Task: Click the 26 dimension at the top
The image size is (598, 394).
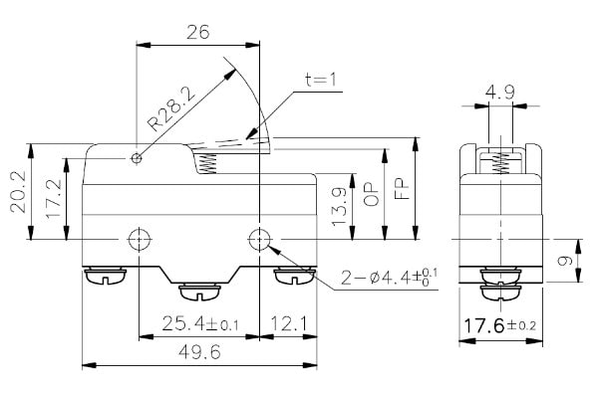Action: [196, 32]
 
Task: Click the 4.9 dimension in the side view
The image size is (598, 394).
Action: [501, 94]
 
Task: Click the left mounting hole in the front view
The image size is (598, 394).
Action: [137, 240]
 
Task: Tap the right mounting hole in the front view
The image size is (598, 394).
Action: [259, 240]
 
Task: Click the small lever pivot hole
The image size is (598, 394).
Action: [137, 158]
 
